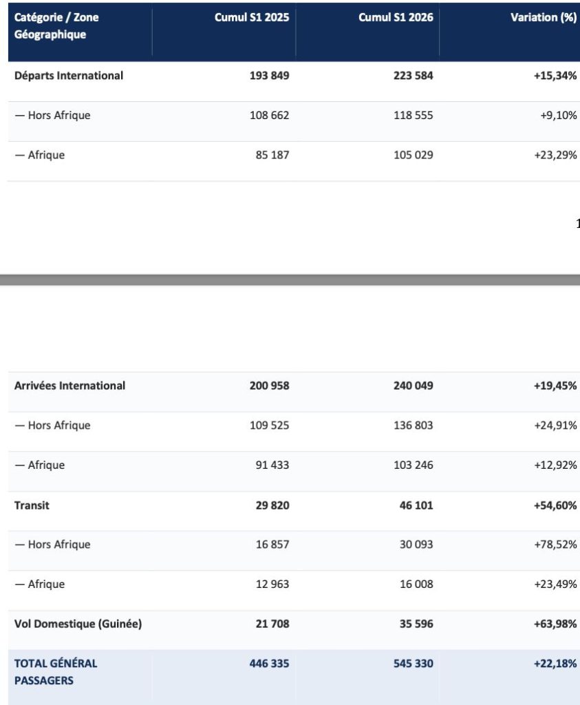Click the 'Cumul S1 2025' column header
point(252,17)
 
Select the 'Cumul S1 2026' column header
point(396,17)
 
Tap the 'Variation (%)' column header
point(544,17)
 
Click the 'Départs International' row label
point(69,76)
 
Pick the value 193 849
point(269,76)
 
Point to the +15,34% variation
point(555,76)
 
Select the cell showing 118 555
point(413,115)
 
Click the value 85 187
point(272,155)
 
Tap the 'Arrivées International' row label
point(69,386)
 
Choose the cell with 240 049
point(413,386)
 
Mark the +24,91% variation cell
point(555,425)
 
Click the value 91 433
point(272,465)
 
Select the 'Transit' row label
point(32,505)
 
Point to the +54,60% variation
point(555,505)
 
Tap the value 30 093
point(416,545)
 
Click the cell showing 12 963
point(272,584)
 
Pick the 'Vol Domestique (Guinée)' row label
point(78,624)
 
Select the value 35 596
point(416,624)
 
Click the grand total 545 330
point(413,664)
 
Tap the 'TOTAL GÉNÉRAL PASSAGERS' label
point(56,672)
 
